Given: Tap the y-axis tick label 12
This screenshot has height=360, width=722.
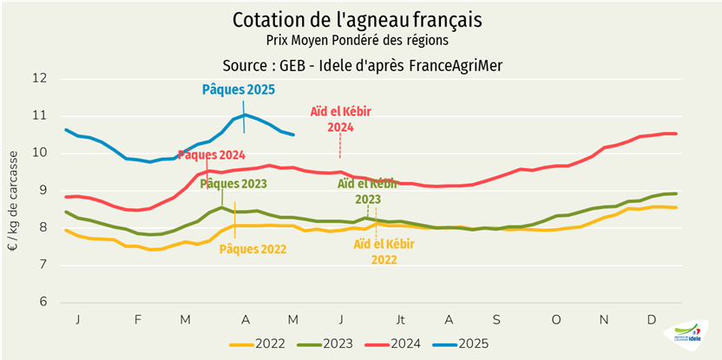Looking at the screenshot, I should [39, 78].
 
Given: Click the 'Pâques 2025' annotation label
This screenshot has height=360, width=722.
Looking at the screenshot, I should [238, 89].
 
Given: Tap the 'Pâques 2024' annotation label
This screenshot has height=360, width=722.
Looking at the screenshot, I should [211, 155].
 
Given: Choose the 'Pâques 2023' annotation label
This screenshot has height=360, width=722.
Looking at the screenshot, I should [233, 184].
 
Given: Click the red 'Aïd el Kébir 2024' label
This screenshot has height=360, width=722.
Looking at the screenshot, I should [340, 119].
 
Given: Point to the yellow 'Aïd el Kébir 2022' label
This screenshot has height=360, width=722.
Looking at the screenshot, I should [382, 251].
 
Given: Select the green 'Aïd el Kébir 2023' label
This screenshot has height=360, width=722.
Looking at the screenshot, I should [367, 191].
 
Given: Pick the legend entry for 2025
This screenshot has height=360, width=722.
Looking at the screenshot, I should [460, 344].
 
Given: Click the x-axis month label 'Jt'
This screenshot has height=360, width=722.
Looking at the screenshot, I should [401, 319].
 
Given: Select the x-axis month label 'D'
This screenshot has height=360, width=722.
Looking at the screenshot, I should [652, 319].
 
